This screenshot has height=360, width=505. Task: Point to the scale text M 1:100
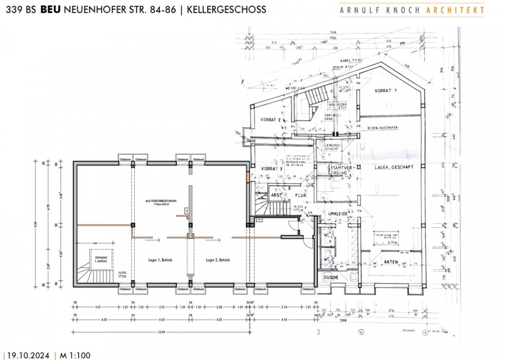coord(75,355)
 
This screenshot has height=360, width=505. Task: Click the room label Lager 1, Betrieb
coord(160,260)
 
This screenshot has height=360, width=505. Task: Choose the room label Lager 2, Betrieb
coord(219,260)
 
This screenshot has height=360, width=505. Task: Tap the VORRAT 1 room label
coord(386,91)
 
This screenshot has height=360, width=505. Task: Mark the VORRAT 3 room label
coord(271,169)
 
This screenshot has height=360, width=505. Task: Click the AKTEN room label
coord(392,262)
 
